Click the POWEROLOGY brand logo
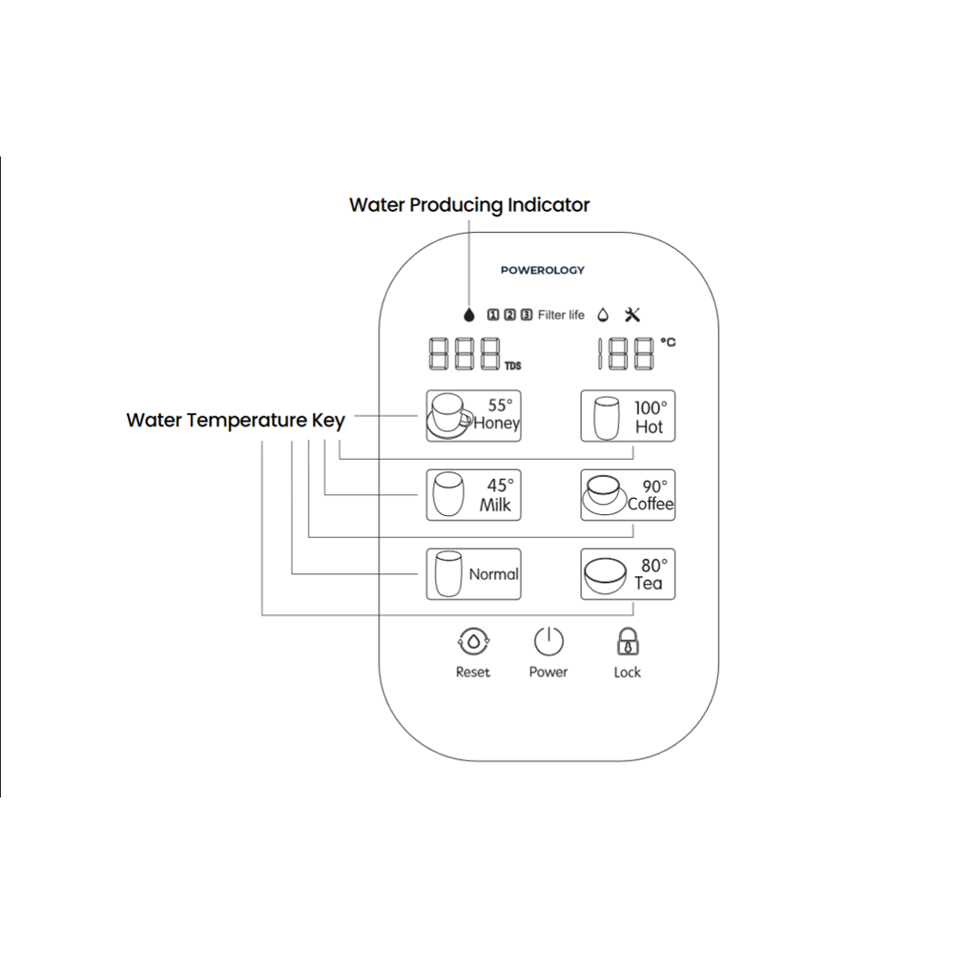(x=542, y=270)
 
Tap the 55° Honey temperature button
(x=473, y=415)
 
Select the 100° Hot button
(x=628, y=416)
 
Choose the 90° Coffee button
(x=628, y=495)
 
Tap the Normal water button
(x=473, y=574)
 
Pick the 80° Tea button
(x=628, y=574)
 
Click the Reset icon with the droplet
(x=472, y=642)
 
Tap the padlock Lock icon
(x=627, y=642)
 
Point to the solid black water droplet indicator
(x=468, y=314)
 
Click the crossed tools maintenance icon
(x=633, y=314)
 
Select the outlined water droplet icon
(x=603, y=314)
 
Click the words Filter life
(x=561, y=315)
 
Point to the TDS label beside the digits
(x=513, y=365)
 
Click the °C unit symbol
(x=668, y=342)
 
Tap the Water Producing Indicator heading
(x=469, y=204)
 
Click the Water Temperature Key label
(x=236, y=420)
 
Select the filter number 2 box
(x=510, y=314)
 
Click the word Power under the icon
(x=549, y=673)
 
